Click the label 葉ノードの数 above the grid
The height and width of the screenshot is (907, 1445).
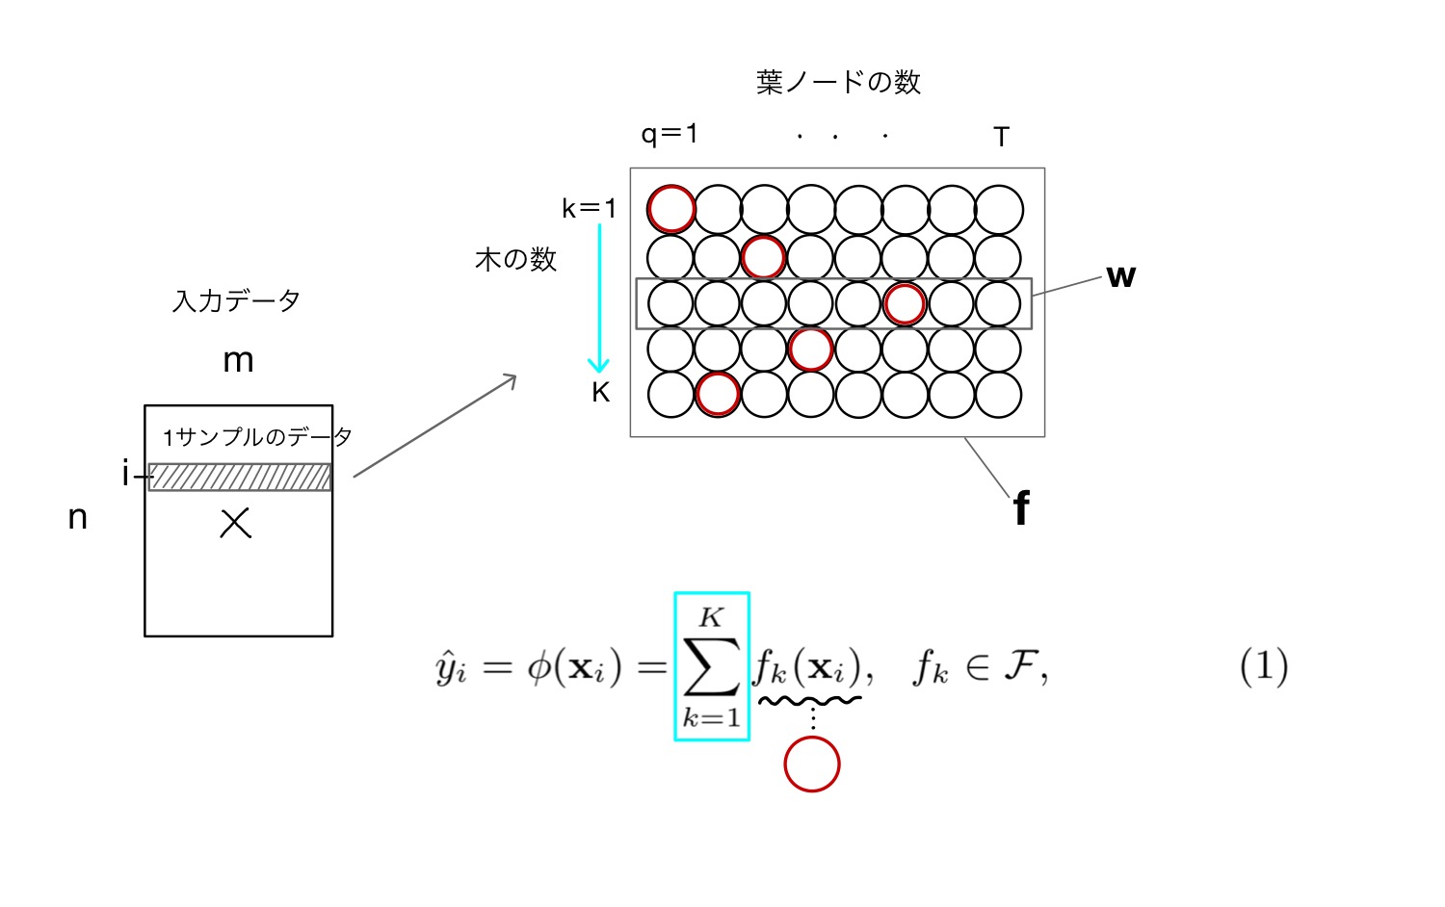[x=838, y=83]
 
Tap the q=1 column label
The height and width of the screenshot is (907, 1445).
[x=670, y=133]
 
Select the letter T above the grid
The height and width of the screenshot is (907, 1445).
[x=1001, y=138]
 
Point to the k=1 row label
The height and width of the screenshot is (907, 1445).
[x=589, y=208]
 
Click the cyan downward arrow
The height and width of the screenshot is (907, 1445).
[x=599, y=298]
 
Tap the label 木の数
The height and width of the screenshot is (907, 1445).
[x=516, y=259]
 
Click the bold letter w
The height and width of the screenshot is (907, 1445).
[x=1120, y=276]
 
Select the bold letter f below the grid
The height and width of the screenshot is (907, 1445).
[x=1021, y=507]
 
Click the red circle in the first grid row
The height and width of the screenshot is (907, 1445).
[x=671, y=209]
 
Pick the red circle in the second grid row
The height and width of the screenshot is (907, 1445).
[x=764, y=256]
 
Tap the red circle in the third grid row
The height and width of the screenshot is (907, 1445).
[x=905, y=303]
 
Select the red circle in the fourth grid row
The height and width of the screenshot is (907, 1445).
[x=810, y=349]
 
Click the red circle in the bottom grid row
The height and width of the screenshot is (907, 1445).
[x=718, y=394]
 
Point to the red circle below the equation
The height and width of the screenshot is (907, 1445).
[x=812, y=764]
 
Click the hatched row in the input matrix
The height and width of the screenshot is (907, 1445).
[x=240, y=477]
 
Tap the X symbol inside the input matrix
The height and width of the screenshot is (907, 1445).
[x=235, y=524]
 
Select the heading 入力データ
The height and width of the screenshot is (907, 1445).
[x=236, y=301]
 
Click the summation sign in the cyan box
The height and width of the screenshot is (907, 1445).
[x=711, y=666]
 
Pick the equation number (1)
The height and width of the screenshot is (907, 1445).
[x=1264, y=666]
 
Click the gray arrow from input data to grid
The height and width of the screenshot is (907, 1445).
[x=435, y=426]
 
